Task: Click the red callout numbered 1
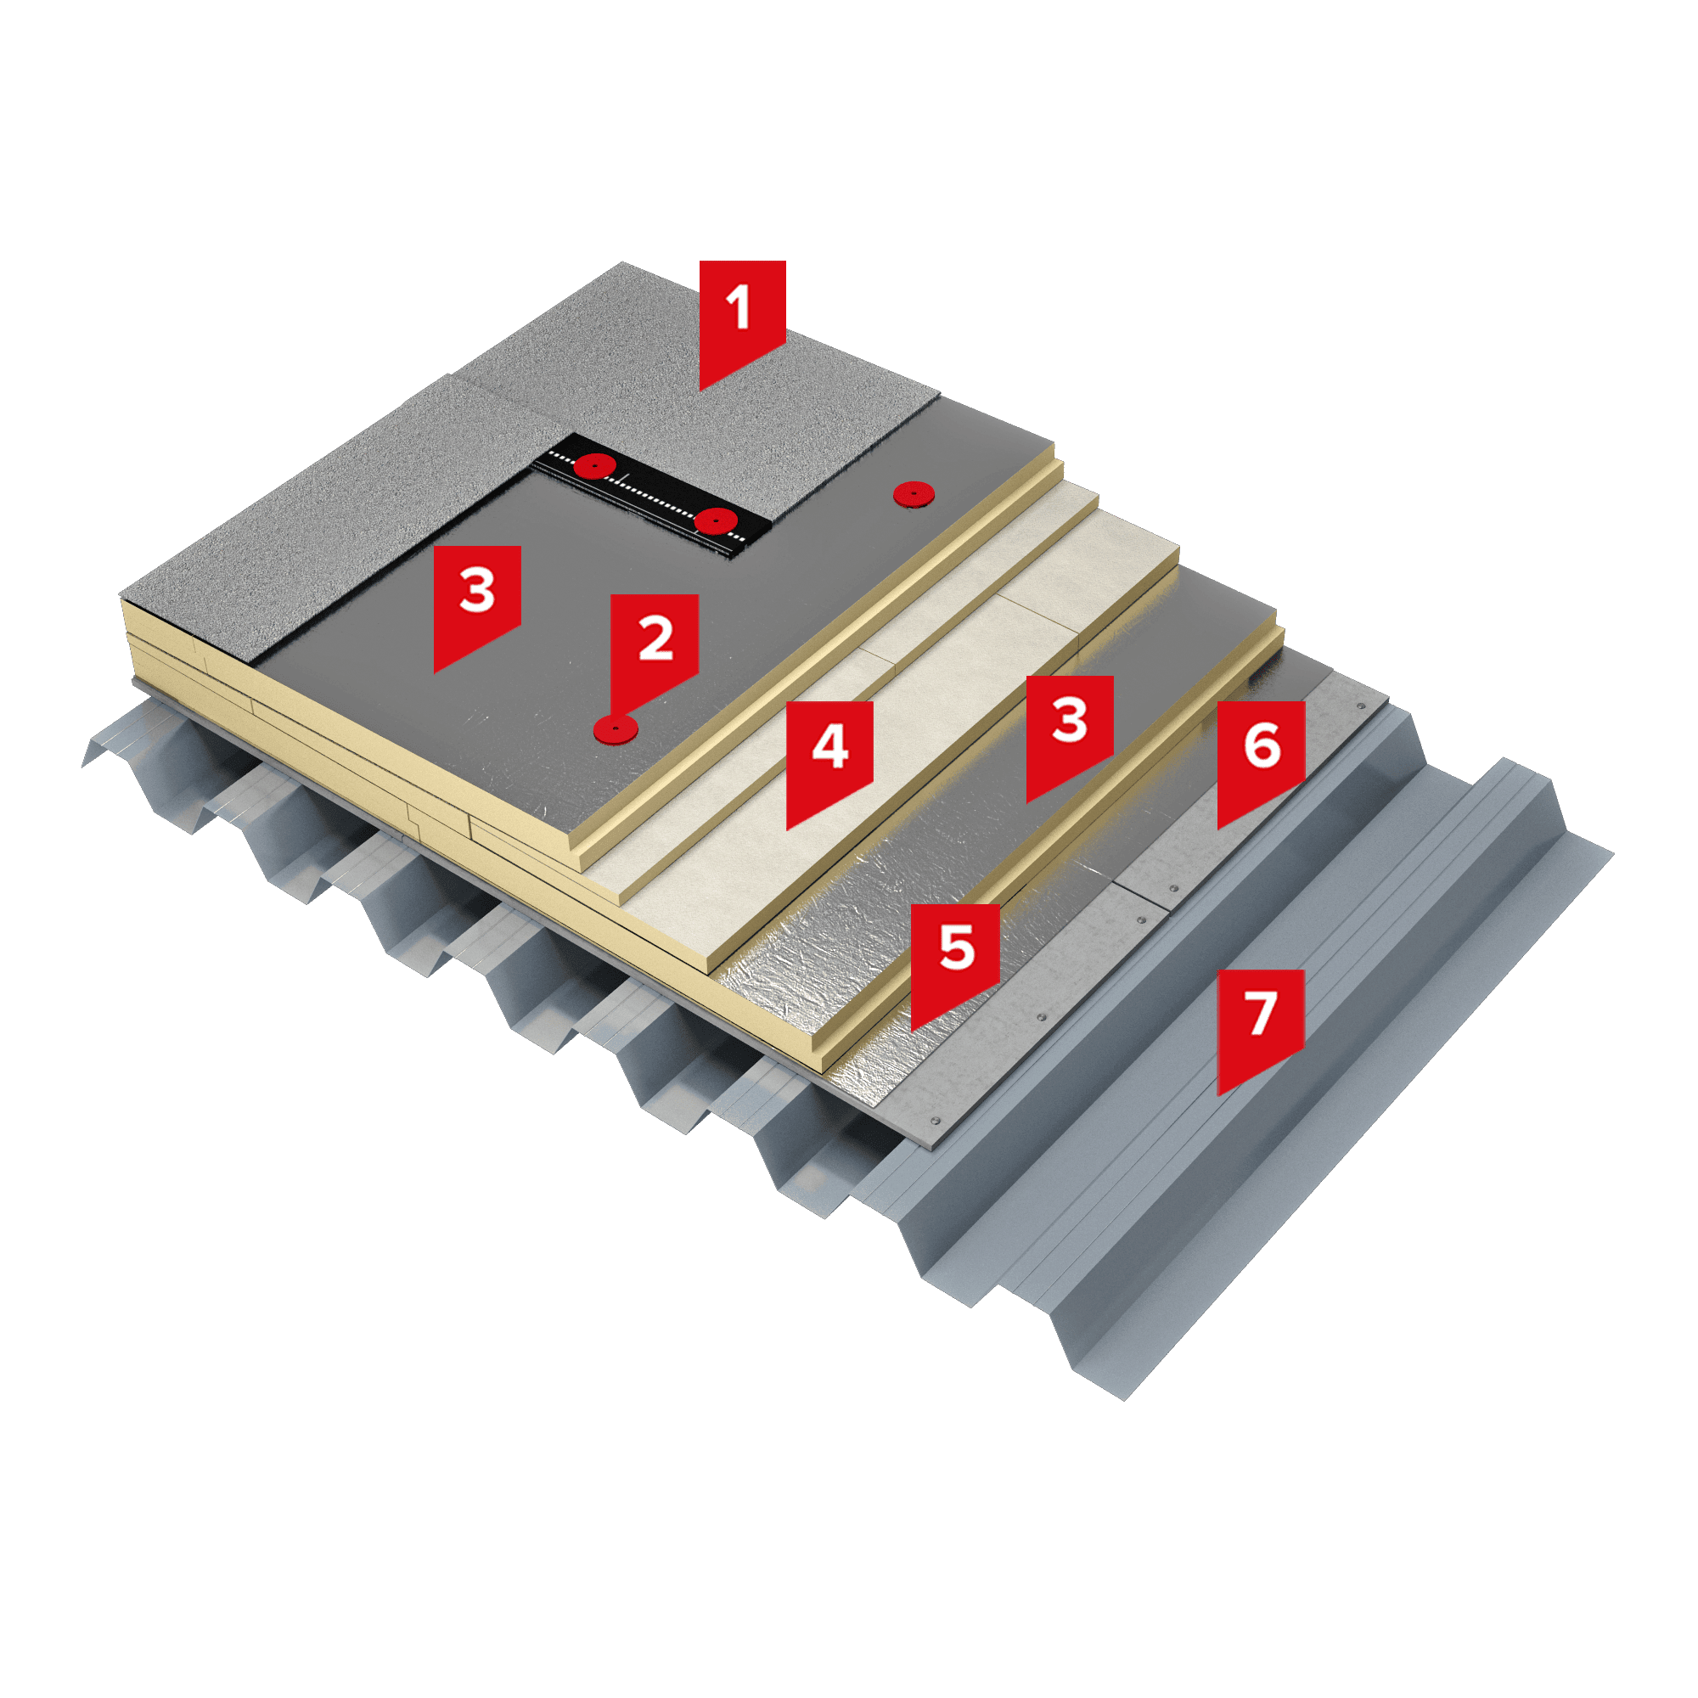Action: point(742,317)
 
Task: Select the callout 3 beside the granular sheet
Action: point(477,602)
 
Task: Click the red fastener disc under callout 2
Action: point(616,728)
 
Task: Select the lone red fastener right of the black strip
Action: point(914,494)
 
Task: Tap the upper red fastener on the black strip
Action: point(595,464)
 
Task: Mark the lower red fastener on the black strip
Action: point(717,521)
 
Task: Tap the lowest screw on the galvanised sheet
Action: point(935,1122)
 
